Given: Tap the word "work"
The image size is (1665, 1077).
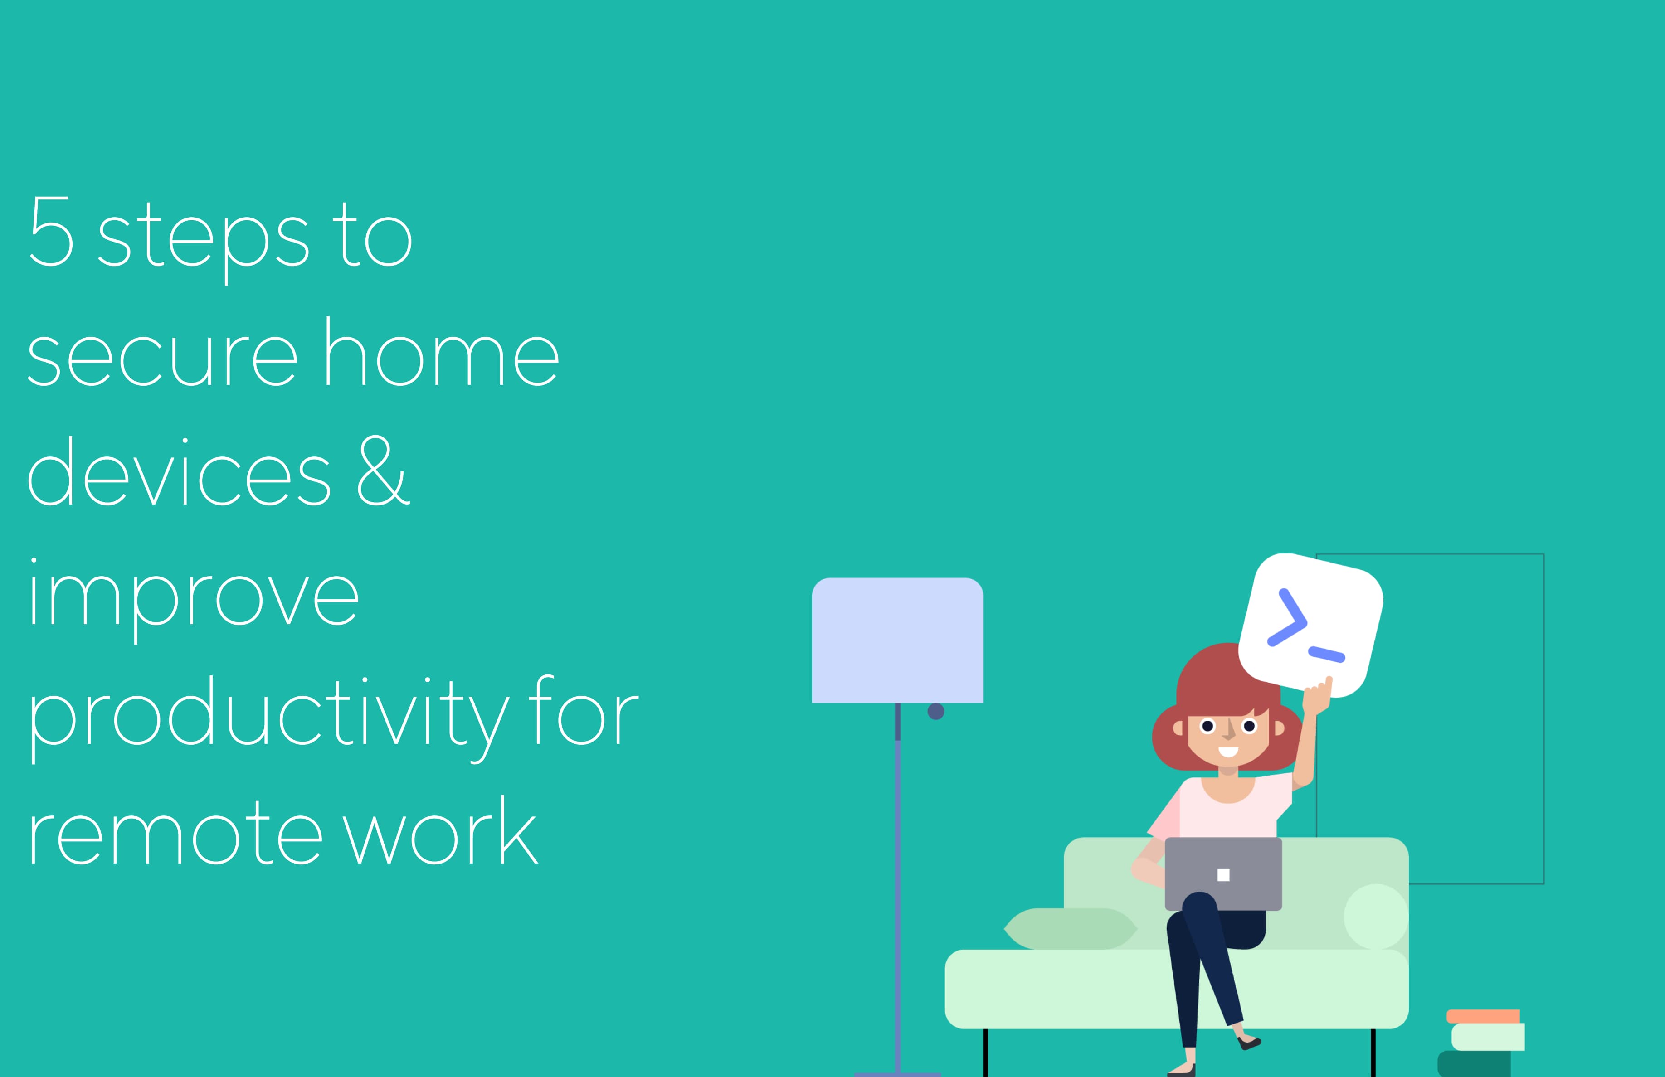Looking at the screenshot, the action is point(441,830).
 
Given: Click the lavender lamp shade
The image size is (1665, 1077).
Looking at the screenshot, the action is point(897,640).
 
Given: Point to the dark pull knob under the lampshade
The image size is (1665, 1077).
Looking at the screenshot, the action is point(936,711).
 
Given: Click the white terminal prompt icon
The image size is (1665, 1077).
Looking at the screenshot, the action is point(1310,625).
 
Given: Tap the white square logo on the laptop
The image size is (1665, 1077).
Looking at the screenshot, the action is point(1223,875).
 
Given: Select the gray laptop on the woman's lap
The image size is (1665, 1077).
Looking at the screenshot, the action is point(1223,874).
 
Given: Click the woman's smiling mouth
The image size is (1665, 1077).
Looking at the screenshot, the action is point(1228,752).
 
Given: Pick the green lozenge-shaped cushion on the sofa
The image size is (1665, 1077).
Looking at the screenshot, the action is point(1071,929).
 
